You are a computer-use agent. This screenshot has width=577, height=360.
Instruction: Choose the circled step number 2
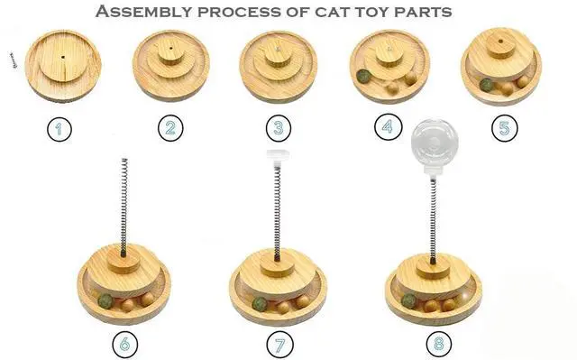pyautogui.click(x=170, y=128)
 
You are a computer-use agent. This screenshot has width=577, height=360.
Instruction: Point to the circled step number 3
pyautogui.click(x=280, y=128)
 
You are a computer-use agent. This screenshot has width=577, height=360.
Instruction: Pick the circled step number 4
pyautogui.click(x=389, y=128)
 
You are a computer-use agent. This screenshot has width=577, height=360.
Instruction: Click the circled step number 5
pyautogui.click(x=504, y=128)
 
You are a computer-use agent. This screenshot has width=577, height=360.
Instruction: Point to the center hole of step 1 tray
pyautogui.click(x=66, y=55)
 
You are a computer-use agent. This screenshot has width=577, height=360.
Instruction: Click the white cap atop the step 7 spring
pyautogui.click(x=276, y=160)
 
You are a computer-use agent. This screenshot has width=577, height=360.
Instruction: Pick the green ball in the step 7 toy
pyautogui.click(x=260, y=304)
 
